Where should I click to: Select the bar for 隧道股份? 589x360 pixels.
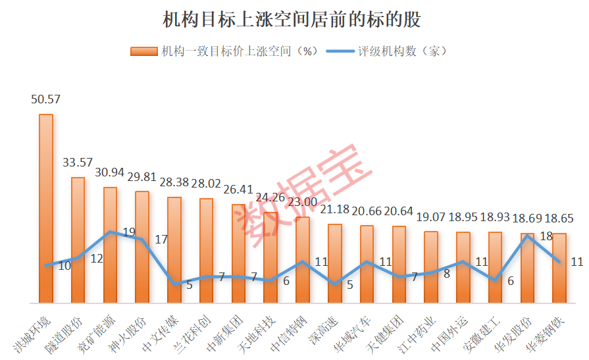pos(78,240)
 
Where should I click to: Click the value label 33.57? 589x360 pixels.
pos(78,162)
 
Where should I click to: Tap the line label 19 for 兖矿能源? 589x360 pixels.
pos(129,232)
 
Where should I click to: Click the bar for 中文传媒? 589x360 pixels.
pos(174,250)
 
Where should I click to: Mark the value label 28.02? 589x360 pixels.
pos(207,184)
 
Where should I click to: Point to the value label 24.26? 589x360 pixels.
pos(271,197)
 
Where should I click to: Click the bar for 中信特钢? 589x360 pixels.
pos(303,260)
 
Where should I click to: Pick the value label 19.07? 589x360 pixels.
pos(431,217)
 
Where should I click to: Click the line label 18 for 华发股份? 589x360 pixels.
pos(546,236)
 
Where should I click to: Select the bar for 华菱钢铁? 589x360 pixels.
pos(560,268)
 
